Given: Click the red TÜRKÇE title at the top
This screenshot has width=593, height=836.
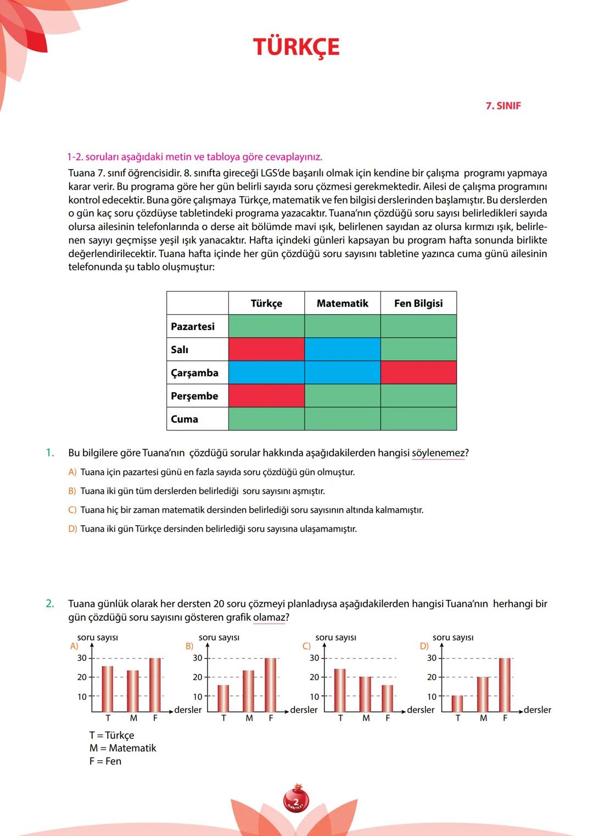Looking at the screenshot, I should [x=296, y=47].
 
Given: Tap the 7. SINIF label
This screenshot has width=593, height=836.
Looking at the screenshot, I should [x=503, y=106].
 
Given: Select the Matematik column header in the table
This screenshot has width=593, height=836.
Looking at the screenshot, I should [x=342, y=303].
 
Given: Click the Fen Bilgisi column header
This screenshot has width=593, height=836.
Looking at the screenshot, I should [x=418, y=303].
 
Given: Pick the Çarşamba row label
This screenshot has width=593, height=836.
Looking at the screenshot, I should [x=194, y=373].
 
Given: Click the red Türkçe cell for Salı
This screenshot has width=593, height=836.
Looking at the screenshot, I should [x=266, y=349].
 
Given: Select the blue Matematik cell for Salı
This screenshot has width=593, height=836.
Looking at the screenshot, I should [x=342, y=349].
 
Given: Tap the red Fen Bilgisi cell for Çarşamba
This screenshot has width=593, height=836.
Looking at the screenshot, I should [x=418, y=372].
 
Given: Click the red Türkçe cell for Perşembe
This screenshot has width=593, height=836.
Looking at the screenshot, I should [x=266, y=395].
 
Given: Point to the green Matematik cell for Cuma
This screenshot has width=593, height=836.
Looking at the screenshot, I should [x=342, y=419].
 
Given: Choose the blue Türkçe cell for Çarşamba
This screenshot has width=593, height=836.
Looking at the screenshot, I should [x=266, y=372].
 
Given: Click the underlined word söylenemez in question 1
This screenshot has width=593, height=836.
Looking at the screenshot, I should [x=438, y=453].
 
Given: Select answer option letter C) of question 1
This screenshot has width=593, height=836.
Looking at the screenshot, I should [x=72, y=510].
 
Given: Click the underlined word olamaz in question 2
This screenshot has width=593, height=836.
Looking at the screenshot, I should [x=269, y=617].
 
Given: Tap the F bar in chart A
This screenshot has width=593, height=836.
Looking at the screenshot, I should [x=155, y=684].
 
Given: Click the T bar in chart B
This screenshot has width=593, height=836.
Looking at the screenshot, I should [x=223, y=698].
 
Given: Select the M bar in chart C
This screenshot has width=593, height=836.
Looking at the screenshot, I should [x=366, y=694].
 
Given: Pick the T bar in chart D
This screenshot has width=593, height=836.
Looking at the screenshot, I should [x=457, y=704].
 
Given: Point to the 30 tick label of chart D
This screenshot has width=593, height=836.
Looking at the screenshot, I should [x=432, y=658].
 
